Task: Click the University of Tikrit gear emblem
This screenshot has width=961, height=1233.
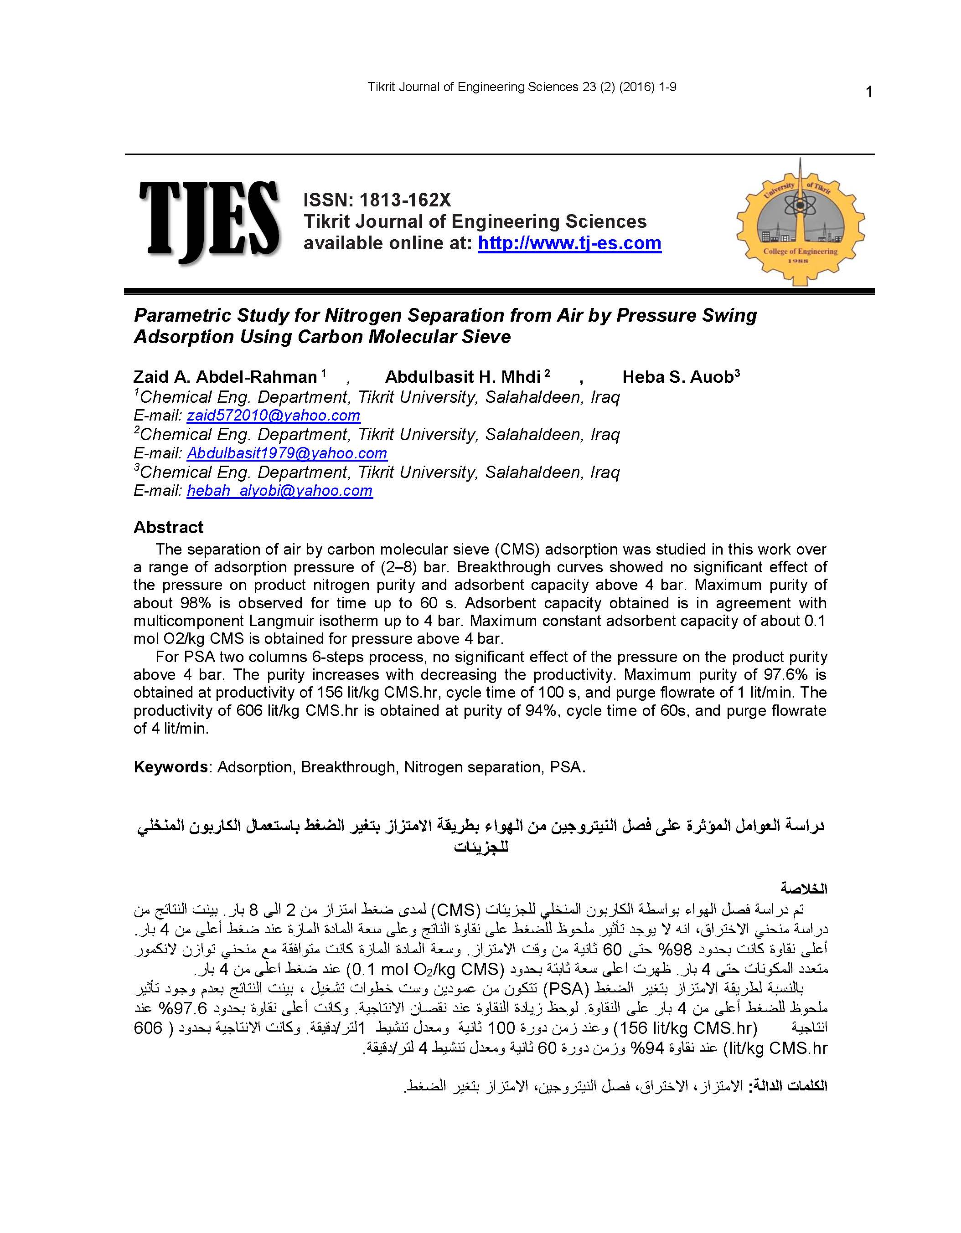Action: coord(800,222)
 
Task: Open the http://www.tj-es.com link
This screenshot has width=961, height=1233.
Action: coord(569,243)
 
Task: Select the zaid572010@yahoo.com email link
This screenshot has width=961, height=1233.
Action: coord(274,416)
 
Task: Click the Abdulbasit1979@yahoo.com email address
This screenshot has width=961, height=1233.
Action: coord(287,453)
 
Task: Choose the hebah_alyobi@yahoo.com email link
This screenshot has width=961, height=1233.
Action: coord(279,491)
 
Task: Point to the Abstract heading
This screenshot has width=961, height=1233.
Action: coord(168,527)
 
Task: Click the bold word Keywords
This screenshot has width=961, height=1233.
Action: coord(170,767)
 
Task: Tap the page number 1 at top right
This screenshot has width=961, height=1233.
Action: coord(869,92)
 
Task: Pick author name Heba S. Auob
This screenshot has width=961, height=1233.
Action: coord(677,377)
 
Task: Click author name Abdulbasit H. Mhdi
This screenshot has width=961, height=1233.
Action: coord(463,377)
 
